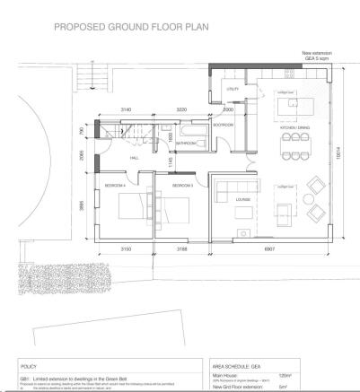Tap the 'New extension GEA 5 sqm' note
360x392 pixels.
(318, 57)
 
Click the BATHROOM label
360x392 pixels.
(188, 143)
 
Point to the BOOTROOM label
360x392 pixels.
(222, 126)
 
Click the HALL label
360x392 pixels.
(134, 158)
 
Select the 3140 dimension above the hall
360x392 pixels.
(127, 109)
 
